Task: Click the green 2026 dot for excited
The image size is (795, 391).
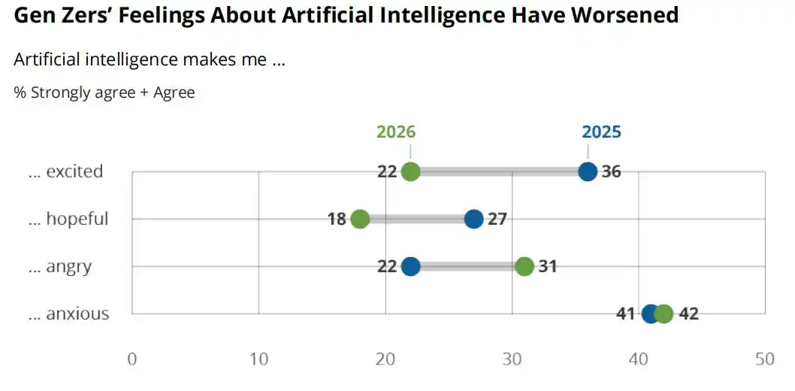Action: [410, 171]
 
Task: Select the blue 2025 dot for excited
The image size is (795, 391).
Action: [588, 171]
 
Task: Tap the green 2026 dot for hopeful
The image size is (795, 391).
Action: [360, 219]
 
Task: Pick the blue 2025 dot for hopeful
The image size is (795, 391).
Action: [473, 219]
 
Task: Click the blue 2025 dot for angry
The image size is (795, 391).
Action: [410, 266]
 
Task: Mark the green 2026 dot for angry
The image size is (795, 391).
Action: [524, 266]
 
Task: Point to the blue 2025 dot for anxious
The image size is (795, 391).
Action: [651, 314]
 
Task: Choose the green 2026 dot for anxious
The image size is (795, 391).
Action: [664, 314]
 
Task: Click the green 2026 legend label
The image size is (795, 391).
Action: [396, 132]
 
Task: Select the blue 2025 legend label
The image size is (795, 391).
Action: [601, 132]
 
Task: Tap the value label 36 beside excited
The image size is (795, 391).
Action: [612, 171]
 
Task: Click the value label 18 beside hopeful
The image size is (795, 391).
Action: [337, 219]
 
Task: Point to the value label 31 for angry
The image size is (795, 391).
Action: [548, 266]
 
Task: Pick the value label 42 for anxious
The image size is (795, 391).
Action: [688, 314]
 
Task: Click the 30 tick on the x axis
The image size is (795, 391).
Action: [512, 359]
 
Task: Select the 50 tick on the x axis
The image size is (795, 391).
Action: [764, 359]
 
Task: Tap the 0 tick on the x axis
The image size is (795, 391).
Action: [132, 359]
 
